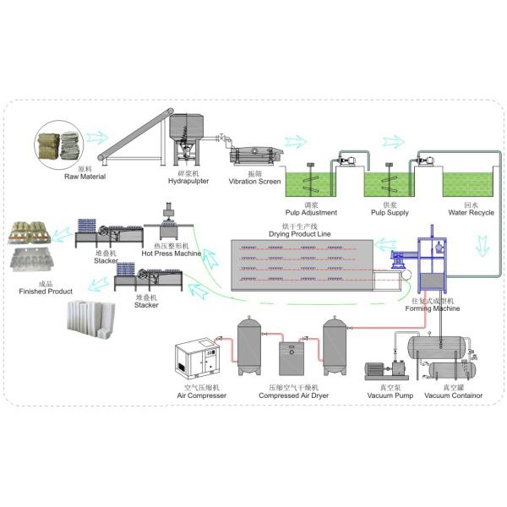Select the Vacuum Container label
click(x=454, y=395)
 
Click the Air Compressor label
click(x=201, y=395)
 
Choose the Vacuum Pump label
click(x=382, y=395)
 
